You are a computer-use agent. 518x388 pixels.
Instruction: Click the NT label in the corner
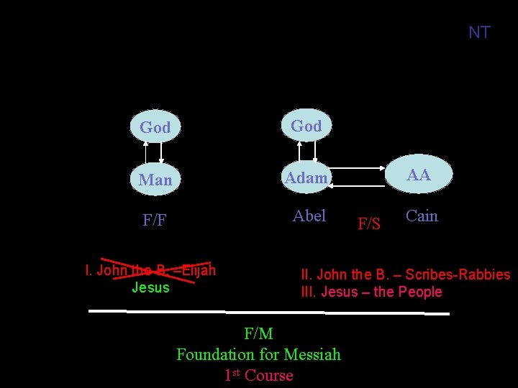[x=479, y=32]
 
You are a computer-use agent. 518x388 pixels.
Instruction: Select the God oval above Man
[x=155, y=127]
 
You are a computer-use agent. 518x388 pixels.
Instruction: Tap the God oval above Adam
[x=306, y=126]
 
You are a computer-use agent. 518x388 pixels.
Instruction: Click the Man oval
[x=155, y=180]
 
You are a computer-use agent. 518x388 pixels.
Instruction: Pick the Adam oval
[x=306, y=177]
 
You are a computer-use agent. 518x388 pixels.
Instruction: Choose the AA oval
[x=418, y=175]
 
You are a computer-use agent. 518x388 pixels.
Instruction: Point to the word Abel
[x=309, y=216]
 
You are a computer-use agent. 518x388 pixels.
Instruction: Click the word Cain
[x=422, y=216]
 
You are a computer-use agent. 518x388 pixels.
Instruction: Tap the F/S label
[x=369, y=223]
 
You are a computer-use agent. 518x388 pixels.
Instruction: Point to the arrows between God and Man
[x=154, y=153]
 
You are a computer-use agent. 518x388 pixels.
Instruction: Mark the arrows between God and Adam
[x=307, y=151]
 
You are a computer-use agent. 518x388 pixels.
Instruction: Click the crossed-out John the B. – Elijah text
[x=150, y=271]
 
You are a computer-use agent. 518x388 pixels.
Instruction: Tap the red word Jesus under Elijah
[x=150, y=287]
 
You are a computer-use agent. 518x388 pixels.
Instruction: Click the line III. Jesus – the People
[x=371, y=292]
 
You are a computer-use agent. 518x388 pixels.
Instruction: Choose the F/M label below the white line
[x=258, y=333]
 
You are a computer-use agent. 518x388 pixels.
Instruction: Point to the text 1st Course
[x=258, y=375]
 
